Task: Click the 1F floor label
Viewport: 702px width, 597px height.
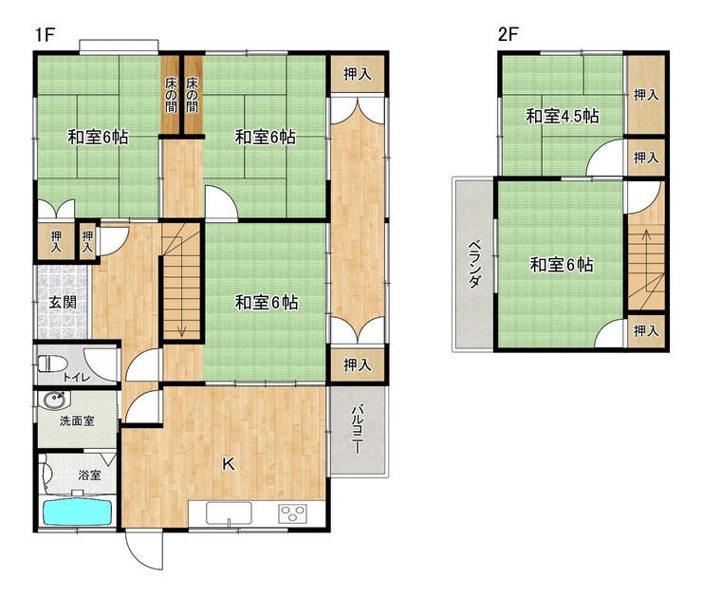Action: coord(45,34)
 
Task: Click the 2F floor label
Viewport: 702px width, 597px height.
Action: coord(508,34)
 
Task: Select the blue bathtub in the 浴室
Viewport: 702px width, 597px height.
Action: coord(78,513)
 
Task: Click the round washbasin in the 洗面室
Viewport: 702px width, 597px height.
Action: coord(55,400)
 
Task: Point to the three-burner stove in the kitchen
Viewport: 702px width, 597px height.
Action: coord(292,513)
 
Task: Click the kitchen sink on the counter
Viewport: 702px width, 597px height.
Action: coord(229,513)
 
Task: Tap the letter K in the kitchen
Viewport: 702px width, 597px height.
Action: coord(229,464)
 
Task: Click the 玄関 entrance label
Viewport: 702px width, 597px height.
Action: coord(62,303)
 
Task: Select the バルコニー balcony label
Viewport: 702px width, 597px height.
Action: coord(358,430)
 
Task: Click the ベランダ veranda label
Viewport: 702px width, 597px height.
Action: coord(475,264)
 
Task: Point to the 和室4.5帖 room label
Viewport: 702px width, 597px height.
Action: coord(563,117)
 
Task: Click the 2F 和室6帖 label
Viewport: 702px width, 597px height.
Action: coord(562,265)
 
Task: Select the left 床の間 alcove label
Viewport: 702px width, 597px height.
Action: coord(171,95)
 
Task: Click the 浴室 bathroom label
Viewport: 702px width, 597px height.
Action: coord(89,475)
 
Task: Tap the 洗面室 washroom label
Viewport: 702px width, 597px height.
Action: coord(77,421)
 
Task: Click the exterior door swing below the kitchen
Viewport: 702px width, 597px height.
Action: coord(144,550)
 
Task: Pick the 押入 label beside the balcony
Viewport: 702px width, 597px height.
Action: coord(358,365)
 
